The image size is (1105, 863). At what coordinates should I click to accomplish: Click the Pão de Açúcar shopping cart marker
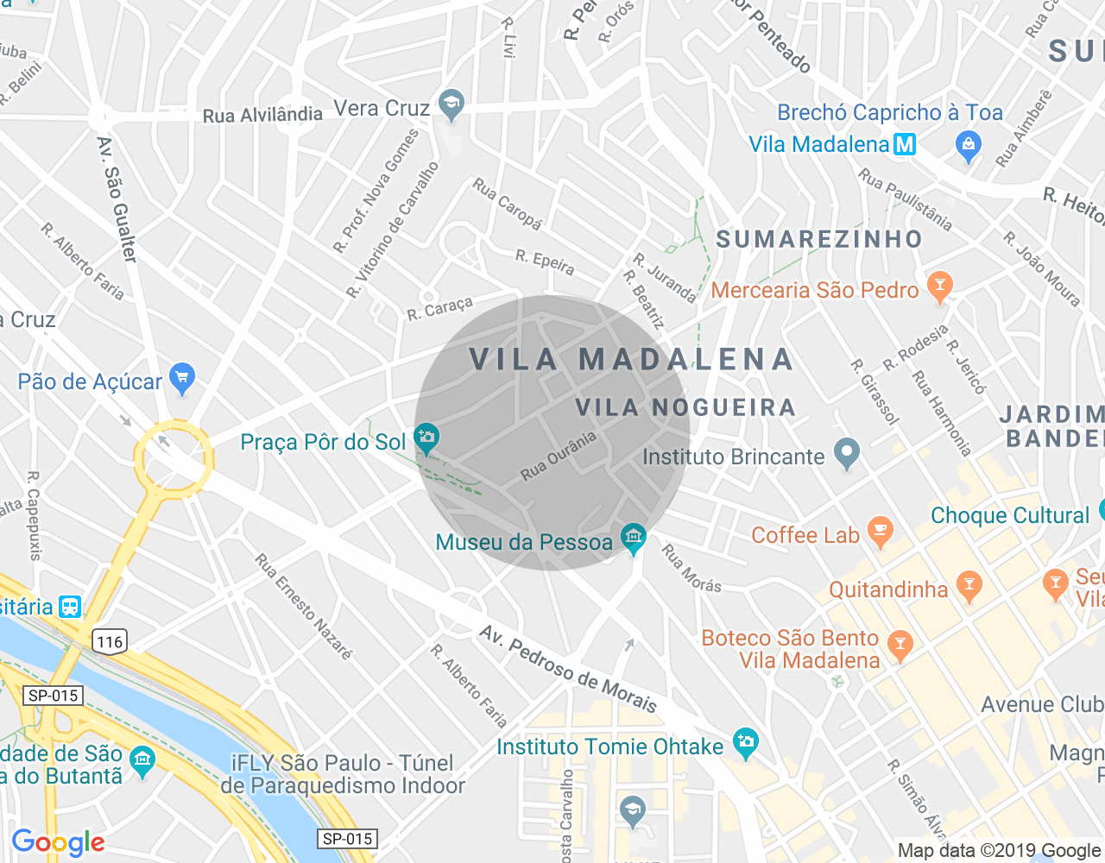point(182,377)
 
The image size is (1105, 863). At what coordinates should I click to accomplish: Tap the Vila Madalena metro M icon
point(905,144)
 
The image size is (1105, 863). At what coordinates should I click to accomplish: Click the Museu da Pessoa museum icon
point(633,538)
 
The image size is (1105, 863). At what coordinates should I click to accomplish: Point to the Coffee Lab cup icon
point(880,531)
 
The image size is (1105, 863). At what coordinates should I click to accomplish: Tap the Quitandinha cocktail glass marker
point(969,586)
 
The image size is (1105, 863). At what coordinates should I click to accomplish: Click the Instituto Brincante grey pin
point(847,453)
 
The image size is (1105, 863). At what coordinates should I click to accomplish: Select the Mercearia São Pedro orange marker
point(939,286)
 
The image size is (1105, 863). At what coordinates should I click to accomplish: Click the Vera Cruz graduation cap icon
point(451,104)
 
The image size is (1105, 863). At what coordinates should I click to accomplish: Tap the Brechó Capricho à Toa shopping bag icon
point(969,145)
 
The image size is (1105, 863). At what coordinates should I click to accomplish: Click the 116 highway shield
point(110,641)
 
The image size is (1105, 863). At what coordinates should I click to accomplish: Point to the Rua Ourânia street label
point(558,457)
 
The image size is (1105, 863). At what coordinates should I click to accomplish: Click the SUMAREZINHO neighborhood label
point(819,239)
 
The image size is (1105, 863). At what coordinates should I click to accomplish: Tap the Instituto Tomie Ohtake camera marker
point(745,741)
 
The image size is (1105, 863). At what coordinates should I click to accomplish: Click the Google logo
point(58,842)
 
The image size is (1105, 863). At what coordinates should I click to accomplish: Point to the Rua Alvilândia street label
point(262,115)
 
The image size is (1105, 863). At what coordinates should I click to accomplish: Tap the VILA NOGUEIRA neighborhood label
point(685,407)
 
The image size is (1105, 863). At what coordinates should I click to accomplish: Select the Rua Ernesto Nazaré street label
point(303,607)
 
